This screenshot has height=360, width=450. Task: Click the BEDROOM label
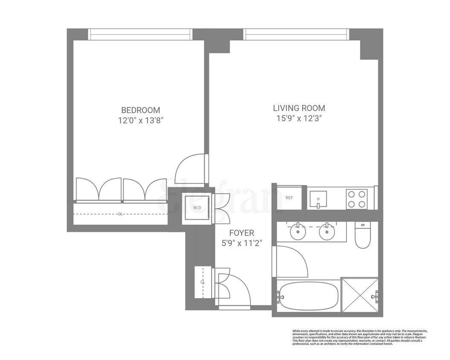(x=141, y=110)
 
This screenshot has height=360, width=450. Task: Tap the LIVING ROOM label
(x=299, y=108)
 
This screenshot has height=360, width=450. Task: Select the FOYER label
(x=241, y=233)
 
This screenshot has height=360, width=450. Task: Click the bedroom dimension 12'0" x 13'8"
(x=141, y=120)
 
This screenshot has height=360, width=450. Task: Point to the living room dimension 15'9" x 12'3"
(x=299, y=119)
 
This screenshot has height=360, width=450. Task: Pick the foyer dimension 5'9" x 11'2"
(x=242, y=244)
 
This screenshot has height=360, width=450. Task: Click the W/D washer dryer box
(x=197, y=208)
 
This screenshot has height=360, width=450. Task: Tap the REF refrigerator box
(x=290, y=198)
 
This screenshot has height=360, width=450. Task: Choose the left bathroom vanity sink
(x=297, y=232)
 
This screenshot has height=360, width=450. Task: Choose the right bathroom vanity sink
(x=327, y=232)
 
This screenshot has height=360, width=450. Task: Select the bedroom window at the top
(x=140, y=34)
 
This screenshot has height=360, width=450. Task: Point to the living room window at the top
(x=296, y=34)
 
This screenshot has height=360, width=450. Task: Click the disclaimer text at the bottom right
(x=360, y=337)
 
